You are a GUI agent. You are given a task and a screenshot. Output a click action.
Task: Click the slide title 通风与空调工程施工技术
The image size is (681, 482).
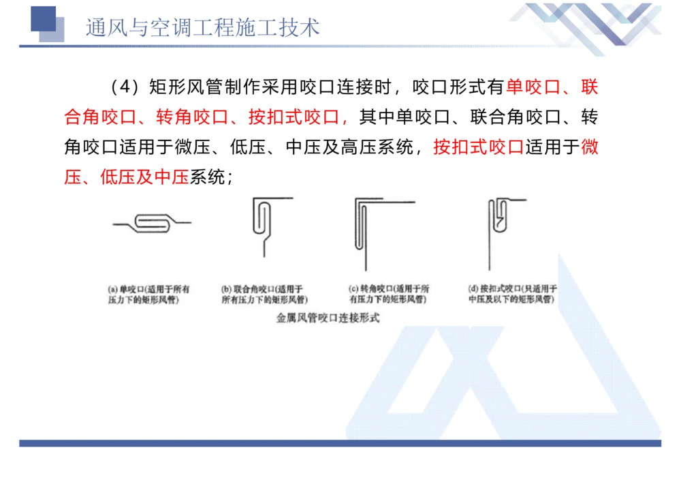tap(202, 27)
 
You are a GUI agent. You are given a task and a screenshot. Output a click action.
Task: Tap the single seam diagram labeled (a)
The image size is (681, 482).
tap(151, 222)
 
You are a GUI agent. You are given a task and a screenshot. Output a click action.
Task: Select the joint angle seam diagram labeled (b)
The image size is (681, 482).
tap(267, 225)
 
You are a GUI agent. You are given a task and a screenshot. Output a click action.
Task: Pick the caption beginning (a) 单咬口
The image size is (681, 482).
tap(148, 294)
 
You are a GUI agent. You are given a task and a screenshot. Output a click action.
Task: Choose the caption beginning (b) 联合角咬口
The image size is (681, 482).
tap(264, 294)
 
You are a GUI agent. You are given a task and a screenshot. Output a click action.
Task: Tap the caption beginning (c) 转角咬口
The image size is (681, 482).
tap(388, 294)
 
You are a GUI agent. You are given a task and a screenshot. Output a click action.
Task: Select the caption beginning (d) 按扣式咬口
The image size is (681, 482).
tap(512, 294)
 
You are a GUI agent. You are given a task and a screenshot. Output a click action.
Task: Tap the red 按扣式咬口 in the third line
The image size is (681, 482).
tap(478, 147)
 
